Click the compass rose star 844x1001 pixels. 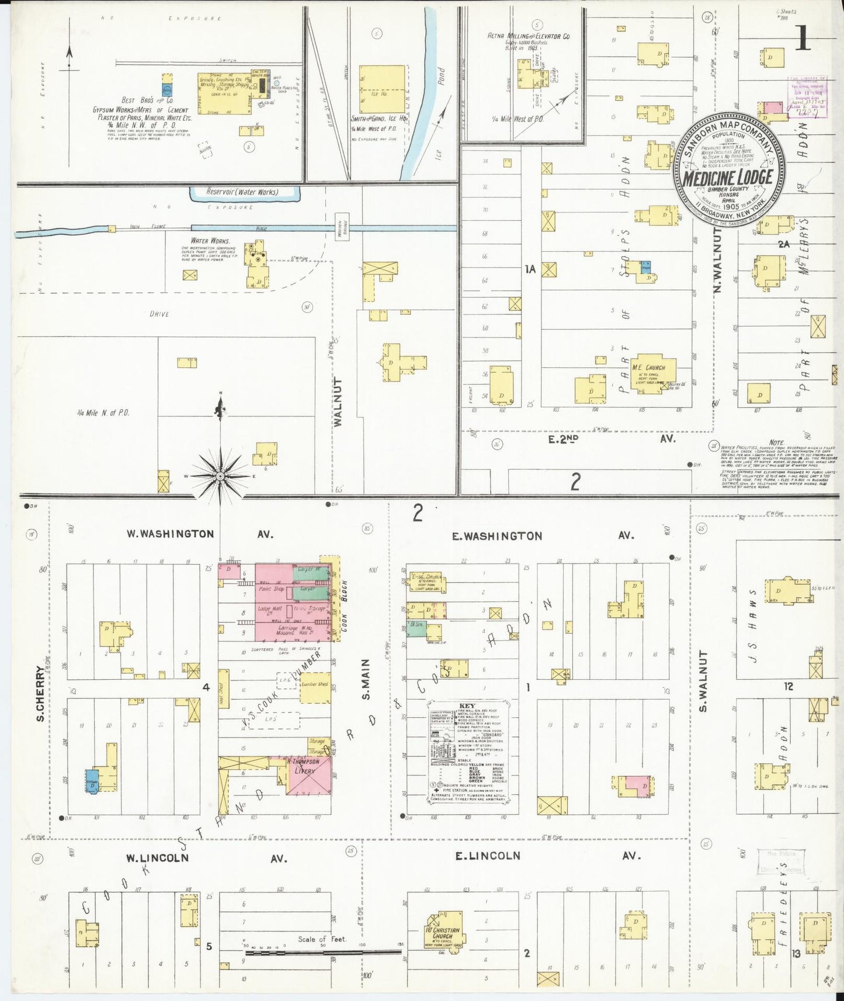pos(220,477)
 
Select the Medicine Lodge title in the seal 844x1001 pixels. pos(728,178)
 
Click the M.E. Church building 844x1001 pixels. pos(652,371)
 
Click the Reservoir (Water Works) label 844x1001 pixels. pos(242,192)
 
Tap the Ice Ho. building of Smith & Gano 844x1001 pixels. pos(383,89)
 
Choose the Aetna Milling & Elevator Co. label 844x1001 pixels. pos(529,36)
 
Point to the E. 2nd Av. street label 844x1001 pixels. pos(611,438)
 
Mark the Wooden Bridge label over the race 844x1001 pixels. pos(339,225)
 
